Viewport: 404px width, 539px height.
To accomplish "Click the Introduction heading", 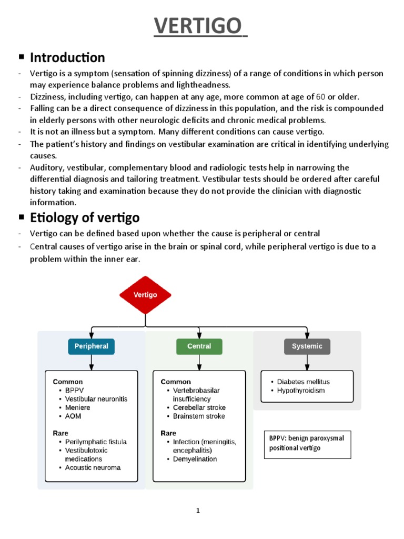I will click(x=67, y=57).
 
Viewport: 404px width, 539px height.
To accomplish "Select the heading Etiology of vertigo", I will click(x=85, y=217).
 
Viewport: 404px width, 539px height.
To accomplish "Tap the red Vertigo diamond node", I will click(x=145, y=295).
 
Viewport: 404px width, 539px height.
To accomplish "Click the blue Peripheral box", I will click(x=92, y=346).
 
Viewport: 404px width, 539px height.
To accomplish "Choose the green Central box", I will click(x=199, y=346).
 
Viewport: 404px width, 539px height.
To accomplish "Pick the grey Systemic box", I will click(x=307, y=346).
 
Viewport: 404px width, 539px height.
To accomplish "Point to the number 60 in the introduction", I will click(x=320, y=97).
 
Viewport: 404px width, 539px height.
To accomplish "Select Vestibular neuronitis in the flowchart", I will click(x=96, y=399).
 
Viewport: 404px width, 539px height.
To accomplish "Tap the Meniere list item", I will click(x=78, y=407).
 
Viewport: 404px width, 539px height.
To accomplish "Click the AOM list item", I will click(x=73, y=416).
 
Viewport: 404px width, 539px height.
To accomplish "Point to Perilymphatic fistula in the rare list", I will click(x=96, y=442).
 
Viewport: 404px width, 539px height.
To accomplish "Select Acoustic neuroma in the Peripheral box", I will click(x=93, y=467).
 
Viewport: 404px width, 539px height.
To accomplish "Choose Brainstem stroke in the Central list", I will click(x=199, y=416).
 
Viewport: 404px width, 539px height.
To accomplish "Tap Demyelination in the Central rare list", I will click(x=195, y=459).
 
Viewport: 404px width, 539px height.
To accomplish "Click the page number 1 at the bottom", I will click(x=198, y=510).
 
